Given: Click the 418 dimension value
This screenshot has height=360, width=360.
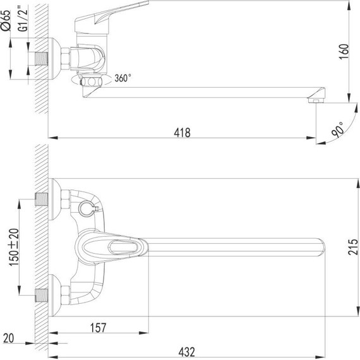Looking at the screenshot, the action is click(182, 133).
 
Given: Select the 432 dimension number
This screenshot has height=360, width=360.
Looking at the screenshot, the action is click(187, 352).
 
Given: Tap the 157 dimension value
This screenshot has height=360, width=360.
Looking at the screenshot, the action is click(99, 328).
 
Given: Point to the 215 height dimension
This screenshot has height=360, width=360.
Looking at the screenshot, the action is click(352, 247).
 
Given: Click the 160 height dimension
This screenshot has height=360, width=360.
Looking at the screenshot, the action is click(344, 52).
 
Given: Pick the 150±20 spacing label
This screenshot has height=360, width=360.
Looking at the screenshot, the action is click(14, 248).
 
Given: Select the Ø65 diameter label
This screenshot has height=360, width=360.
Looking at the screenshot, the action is click(6, 20).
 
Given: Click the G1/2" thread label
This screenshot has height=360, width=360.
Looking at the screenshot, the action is click(23, 20).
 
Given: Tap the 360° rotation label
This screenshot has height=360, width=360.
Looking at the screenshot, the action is click(123, 78).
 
